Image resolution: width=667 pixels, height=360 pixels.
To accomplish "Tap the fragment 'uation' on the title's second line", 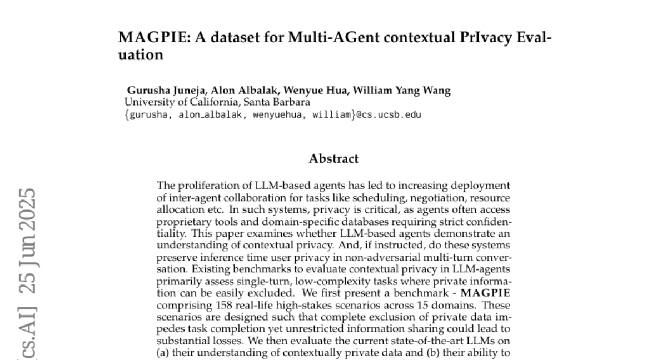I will pyautogui.click(x=141, y=56).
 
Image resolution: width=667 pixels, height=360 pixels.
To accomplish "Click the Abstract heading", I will pyautogui.click(x=333, y=159).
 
